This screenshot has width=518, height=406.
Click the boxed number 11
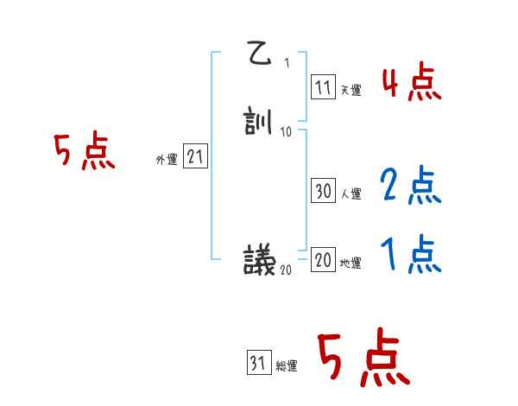[324, 86]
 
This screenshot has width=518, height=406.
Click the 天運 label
[351, 89]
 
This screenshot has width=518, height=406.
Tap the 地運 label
[351, 263]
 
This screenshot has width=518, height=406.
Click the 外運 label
[167, 160]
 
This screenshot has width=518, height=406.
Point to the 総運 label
[287, 366]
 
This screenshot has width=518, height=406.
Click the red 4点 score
[411, 84]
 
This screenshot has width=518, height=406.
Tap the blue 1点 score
[411, 254]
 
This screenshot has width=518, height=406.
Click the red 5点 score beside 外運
[85, 152]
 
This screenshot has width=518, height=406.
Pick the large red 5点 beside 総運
[363, 358]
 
